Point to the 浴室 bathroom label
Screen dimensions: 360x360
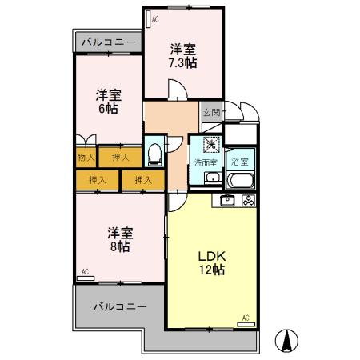click(239, 162)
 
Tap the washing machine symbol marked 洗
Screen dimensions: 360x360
click(210, 145)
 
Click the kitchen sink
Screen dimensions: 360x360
click(226, 201)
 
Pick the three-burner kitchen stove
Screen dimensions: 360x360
click(248, 201)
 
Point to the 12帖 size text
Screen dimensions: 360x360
click(214, 270)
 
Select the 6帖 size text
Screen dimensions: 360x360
click(108, 109)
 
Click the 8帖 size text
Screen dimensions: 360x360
click(120, 246)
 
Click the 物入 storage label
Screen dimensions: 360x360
click(86, 158)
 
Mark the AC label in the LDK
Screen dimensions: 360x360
click(246, 318)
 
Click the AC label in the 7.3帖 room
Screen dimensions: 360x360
click(155, 17)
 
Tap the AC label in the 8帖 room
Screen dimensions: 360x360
click(85, 272)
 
